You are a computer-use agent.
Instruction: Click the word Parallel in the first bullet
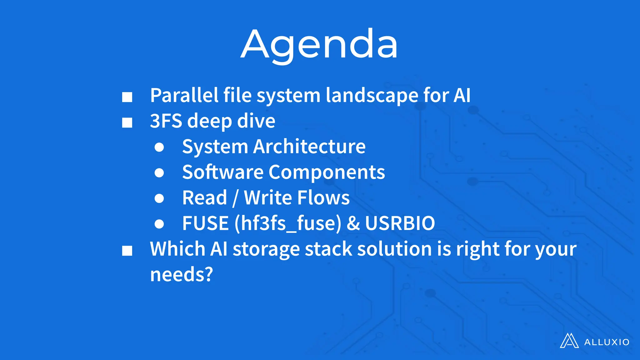tap(184, 95)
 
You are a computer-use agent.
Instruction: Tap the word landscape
tap(372, 95)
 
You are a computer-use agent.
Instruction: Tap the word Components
tap(327, 172)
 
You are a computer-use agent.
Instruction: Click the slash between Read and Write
tap(235, 198)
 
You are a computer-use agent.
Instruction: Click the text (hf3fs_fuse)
tap(288, 223)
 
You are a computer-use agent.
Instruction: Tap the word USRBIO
tap(400, 223)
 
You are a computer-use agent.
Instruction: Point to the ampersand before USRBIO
tap(353, 223)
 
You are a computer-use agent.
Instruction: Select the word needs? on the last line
tap(181, 274)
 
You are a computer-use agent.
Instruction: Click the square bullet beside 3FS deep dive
tap(127, 122)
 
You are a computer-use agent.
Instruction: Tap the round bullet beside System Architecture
tap(159, 147)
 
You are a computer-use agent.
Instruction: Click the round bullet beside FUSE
tap(159, 224)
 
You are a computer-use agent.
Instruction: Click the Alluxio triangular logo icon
tap(569, 341)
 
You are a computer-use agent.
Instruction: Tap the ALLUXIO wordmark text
tap(607, 342)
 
